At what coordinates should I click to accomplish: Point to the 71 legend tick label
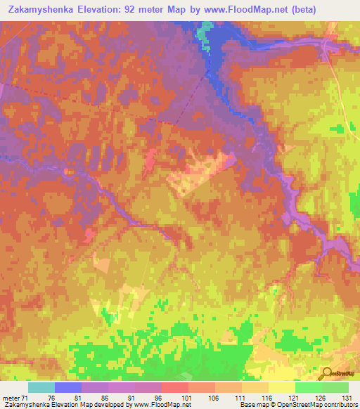(x=27, y=397)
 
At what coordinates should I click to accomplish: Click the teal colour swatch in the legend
(x=41, y=387)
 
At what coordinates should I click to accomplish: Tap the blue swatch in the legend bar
(x=68, y=387)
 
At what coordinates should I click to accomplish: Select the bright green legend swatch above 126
(x=308, y=387)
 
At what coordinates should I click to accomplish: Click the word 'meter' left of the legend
(x=9, y=397)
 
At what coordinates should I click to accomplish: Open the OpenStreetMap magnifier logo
(x=326, y=373)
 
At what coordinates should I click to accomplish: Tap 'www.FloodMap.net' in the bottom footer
(x=160, y=405)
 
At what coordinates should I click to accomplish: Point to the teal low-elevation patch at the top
(x=205, y=32)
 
